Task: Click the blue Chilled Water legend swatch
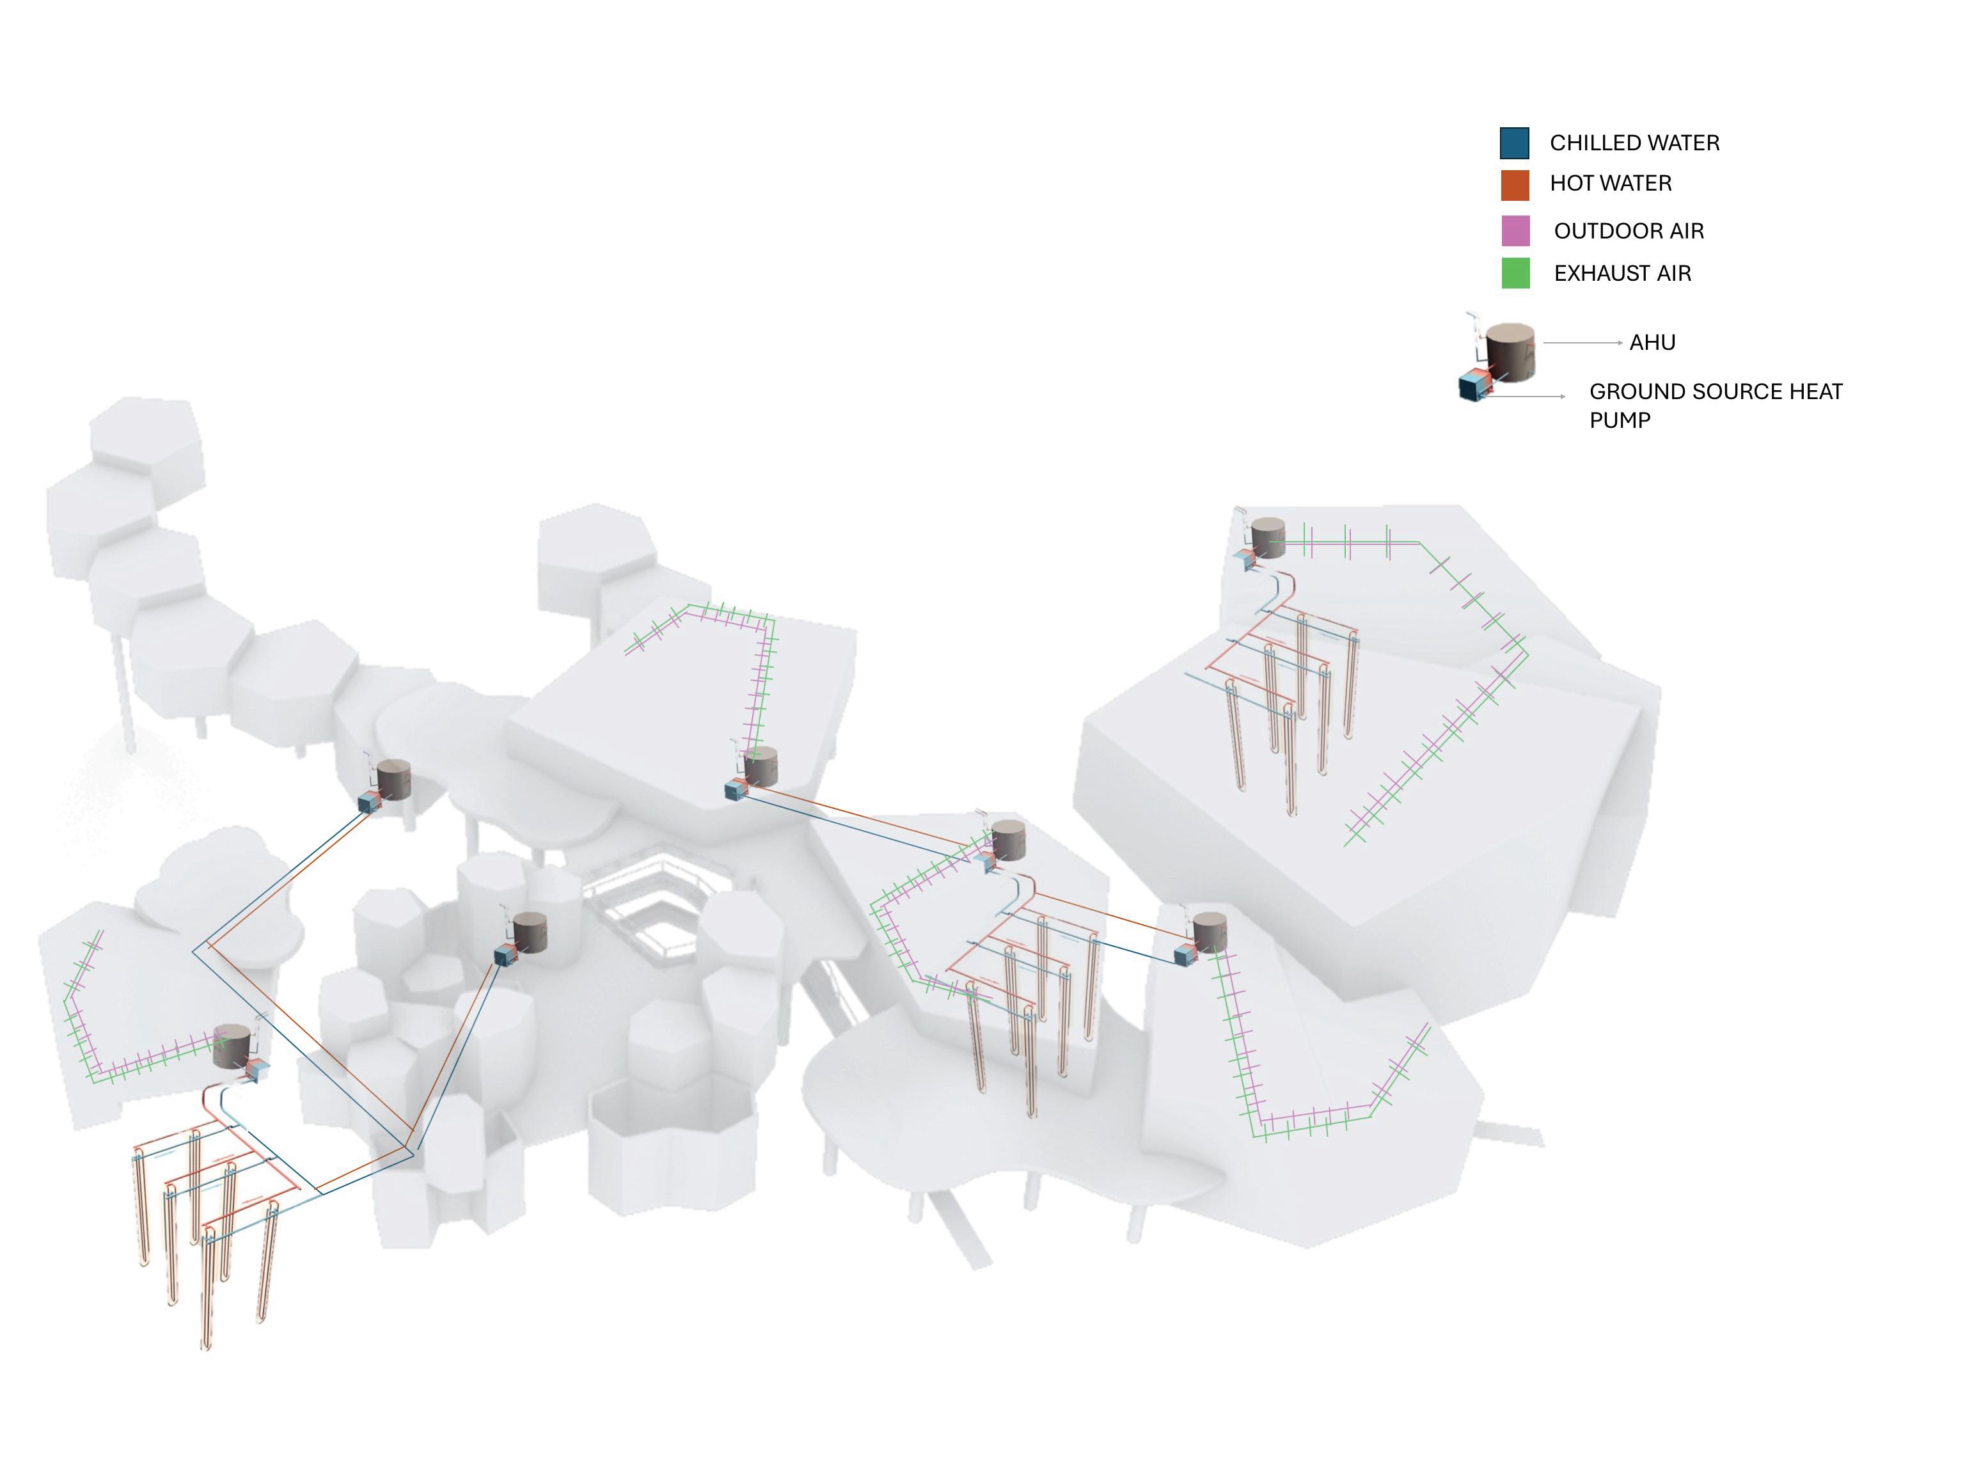click(x=1513, y=143)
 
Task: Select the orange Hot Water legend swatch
click(x=1513, y=185)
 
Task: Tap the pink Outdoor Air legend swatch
click(x=1515, y=231)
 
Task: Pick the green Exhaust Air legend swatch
click(x=1515, y=272)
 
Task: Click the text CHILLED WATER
click(x=1634, y=143)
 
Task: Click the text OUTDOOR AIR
click(x=1629, y=231)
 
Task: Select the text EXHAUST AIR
click(x=1622, y=274)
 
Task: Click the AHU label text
click(x=1652, y=343)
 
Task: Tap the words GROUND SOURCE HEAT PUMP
click(x=1714, y=405)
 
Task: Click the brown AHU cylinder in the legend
click(x=1510, y=351)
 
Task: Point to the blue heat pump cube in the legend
click(x=1472, y=388)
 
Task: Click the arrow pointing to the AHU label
click(x=1582, y=342)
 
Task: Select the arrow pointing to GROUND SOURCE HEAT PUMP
click(x=1524, y=397)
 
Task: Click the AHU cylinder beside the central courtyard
click(x=530, y=932)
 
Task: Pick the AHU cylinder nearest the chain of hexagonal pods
click(x=393, y=778)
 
